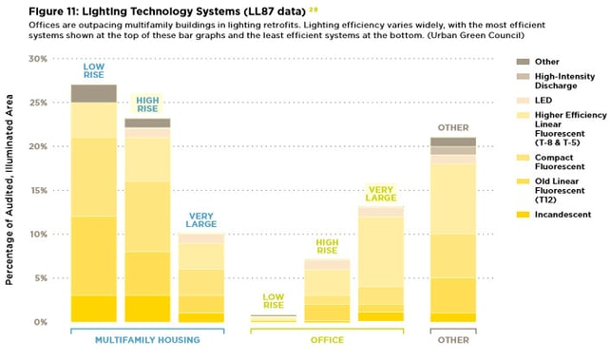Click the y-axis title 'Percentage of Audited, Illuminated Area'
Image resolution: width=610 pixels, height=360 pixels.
[10, 190]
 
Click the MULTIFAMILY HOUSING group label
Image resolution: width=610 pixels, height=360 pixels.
[147, 339]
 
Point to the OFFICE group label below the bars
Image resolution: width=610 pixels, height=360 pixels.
[328, 339]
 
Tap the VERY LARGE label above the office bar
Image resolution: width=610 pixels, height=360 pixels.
[381, 193]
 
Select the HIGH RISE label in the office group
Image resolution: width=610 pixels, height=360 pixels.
[328, 246]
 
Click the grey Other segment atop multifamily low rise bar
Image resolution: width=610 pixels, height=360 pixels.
[93, 93]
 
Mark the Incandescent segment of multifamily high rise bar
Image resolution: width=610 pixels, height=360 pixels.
[147, 309]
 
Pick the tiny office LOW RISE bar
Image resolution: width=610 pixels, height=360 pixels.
[274, 318]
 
